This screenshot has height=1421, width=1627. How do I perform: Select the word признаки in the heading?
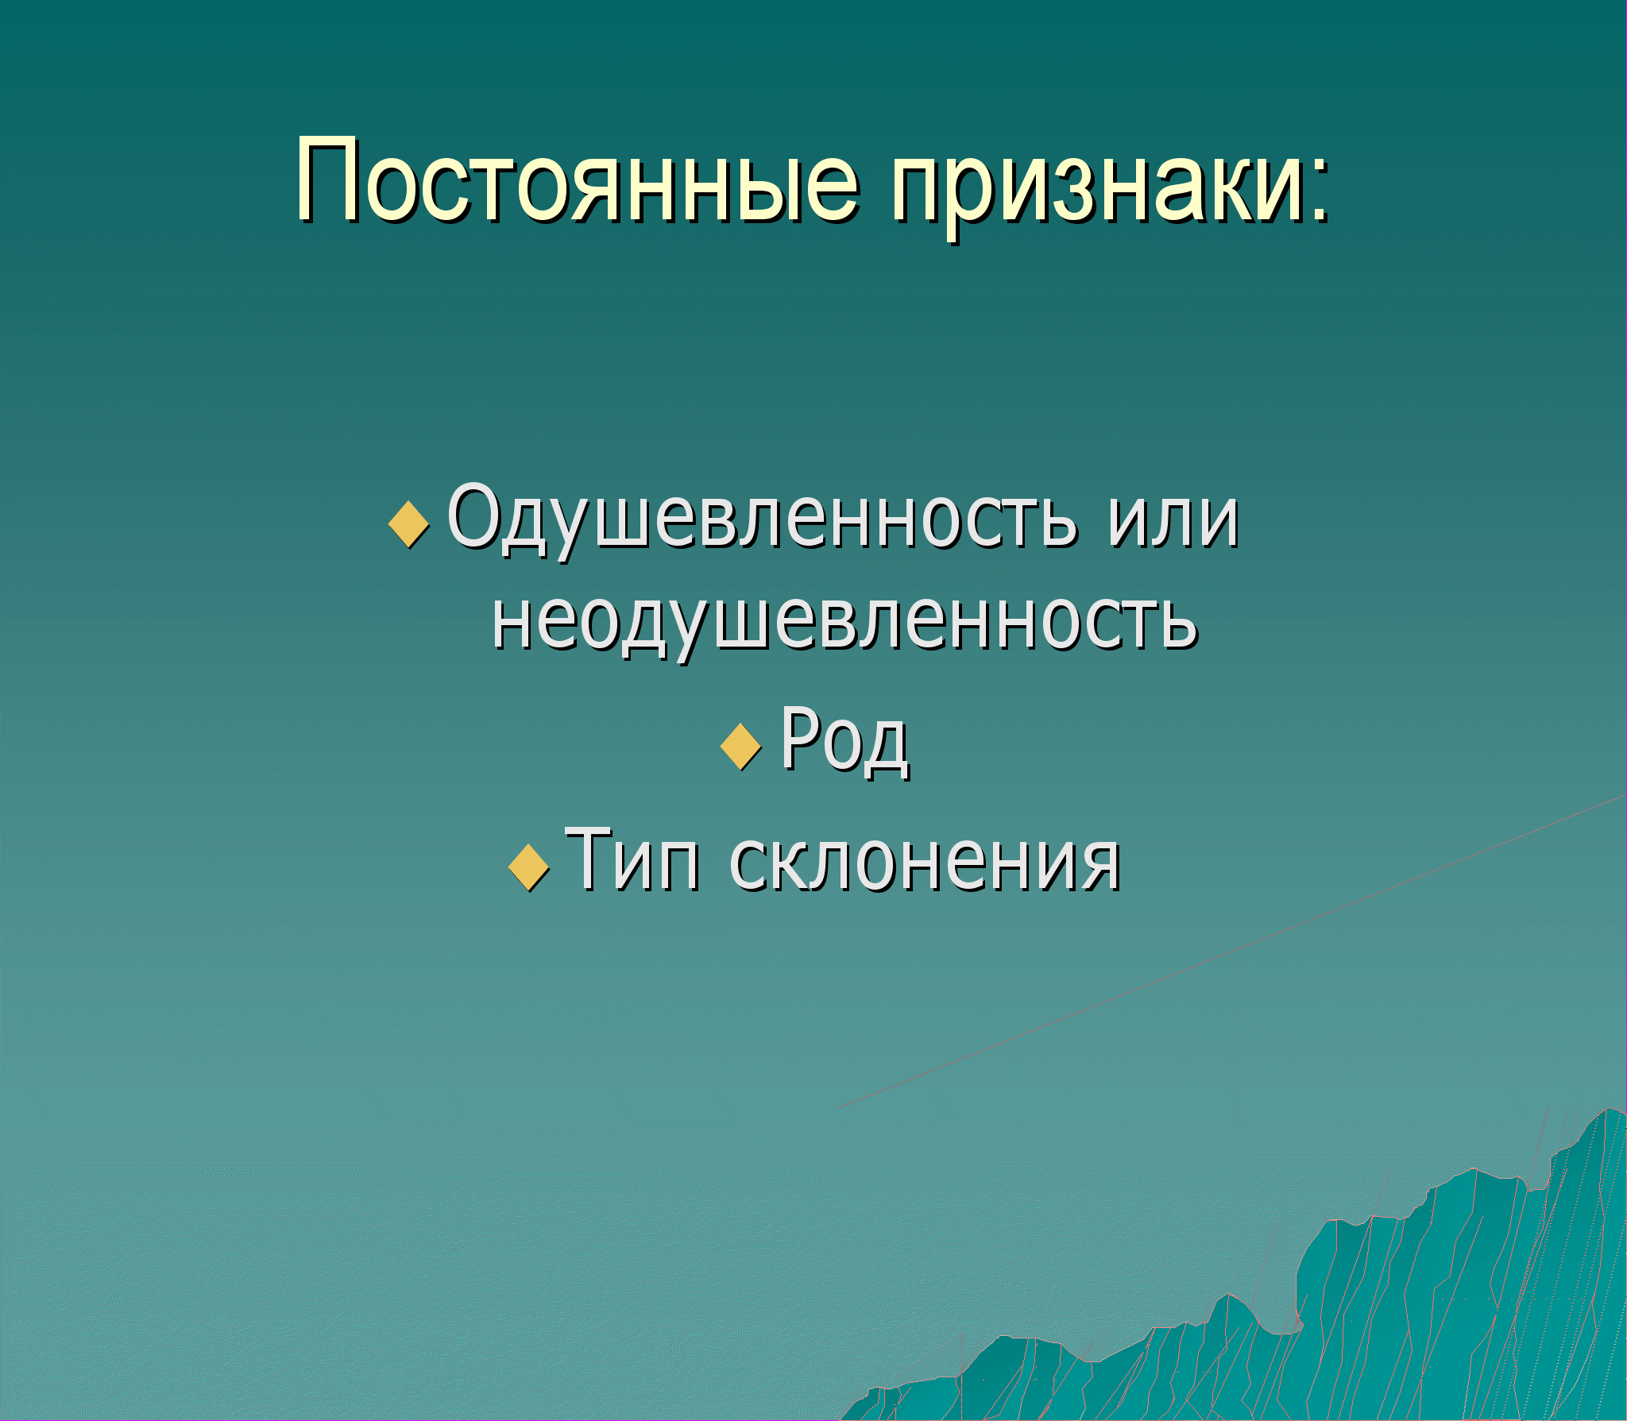(1096, 187)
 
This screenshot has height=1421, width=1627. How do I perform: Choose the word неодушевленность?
(844, 622)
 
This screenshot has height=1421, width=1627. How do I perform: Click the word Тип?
(632, 859)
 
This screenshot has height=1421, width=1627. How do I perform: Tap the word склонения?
(924, 863)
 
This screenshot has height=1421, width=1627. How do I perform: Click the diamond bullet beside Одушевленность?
(409, 524)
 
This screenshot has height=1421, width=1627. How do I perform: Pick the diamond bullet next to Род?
(741, 746)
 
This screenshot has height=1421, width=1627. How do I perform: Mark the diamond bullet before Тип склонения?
(528, 867)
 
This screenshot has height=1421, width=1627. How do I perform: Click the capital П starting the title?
(328, 180)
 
